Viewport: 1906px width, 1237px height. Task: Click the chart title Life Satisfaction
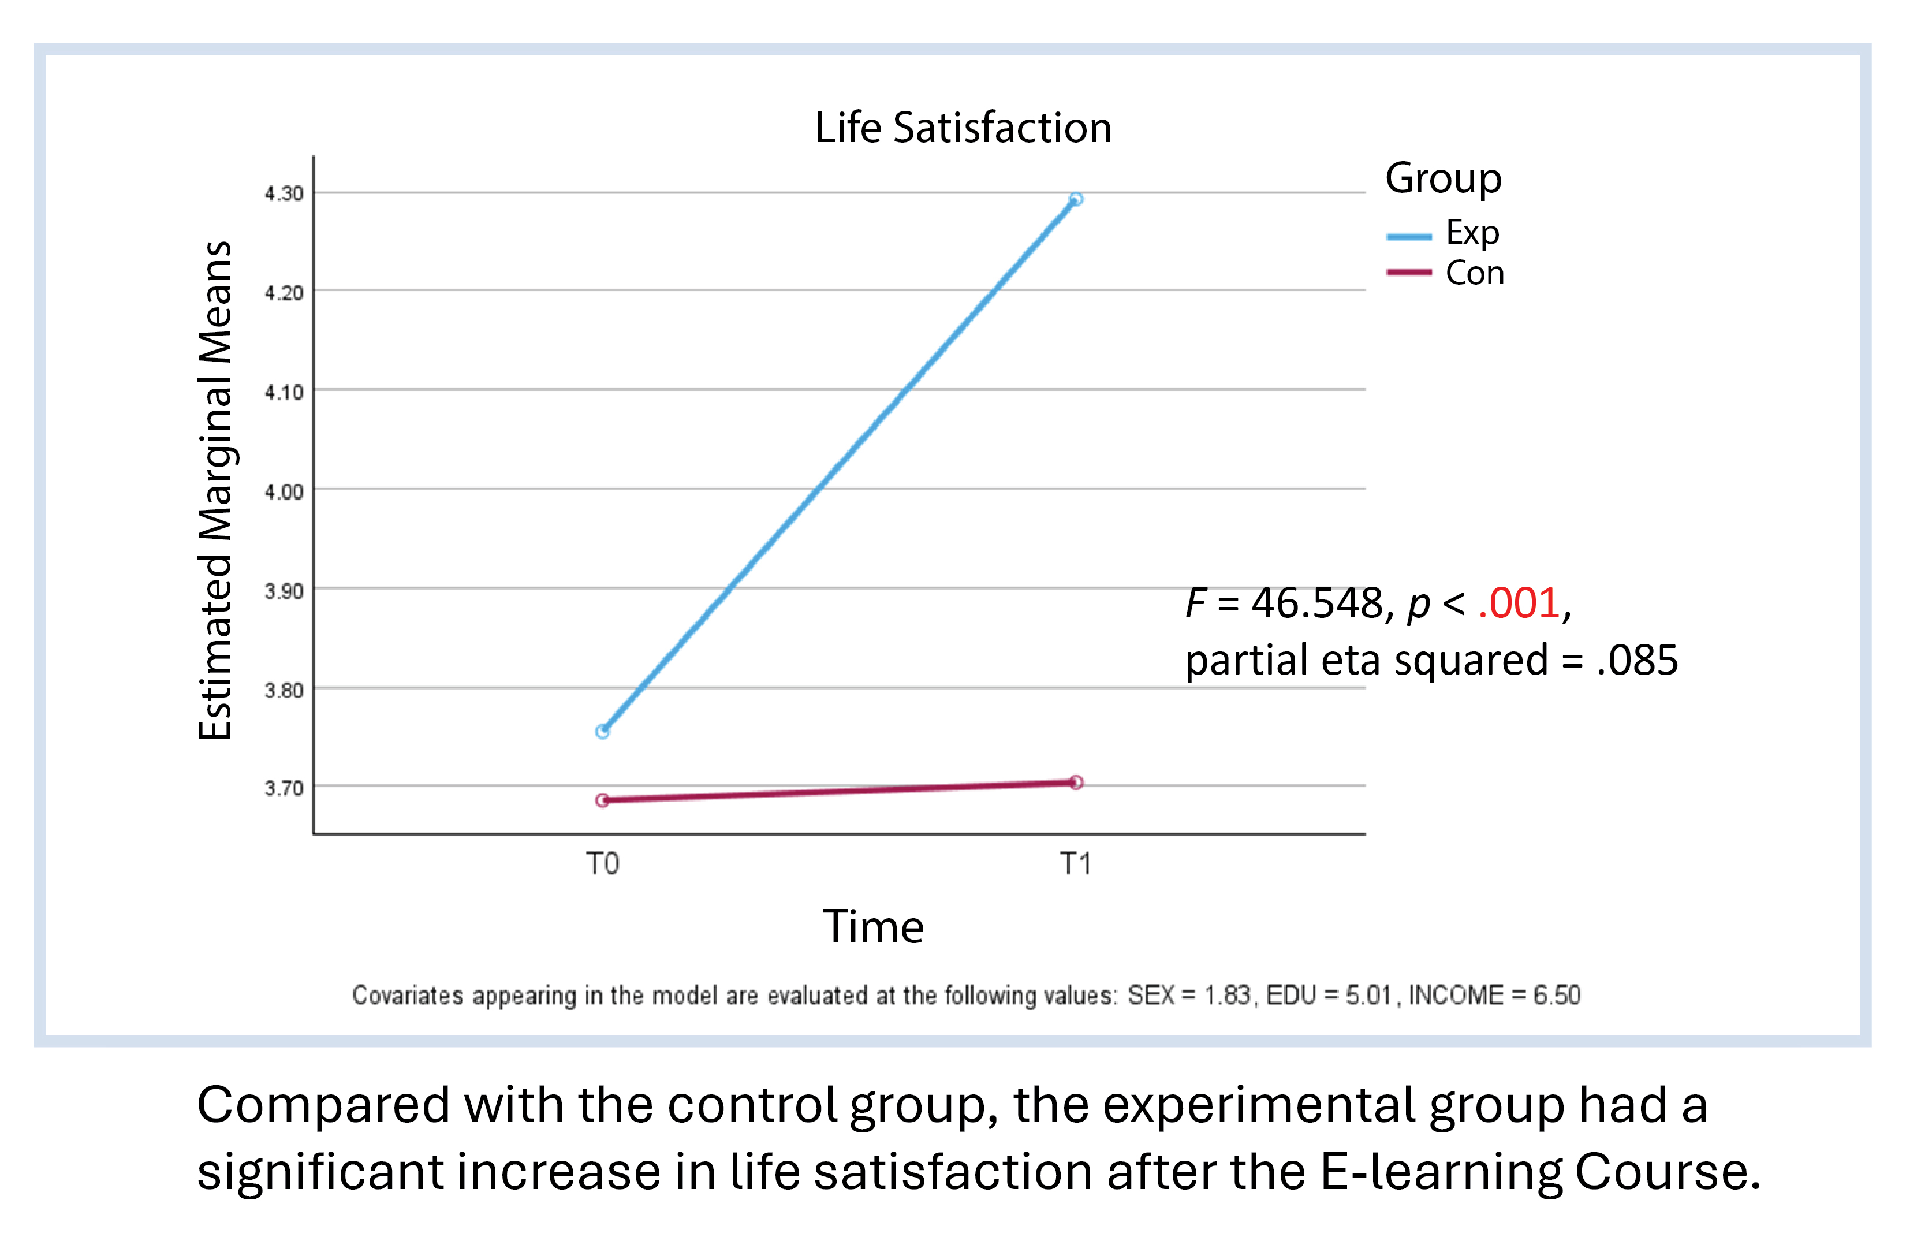pos(964,128)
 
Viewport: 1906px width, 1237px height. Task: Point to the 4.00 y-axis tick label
pos(284,491)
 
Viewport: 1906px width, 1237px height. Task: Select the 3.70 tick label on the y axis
pos(284,788)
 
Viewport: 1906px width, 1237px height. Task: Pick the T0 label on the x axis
pos(603,865)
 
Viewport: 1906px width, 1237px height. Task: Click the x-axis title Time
pos(874,927)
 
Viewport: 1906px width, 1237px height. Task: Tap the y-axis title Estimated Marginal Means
pos(215,490)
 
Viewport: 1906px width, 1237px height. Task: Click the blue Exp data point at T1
pos(1076,199)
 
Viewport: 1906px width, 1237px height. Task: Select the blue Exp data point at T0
pos(603,732)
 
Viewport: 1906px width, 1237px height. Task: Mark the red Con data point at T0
pos(603,800)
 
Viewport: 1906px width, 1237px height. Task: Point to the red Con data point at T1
pos(1076,783)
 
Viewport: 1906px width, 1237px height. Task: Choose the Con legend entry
pos(1445,273)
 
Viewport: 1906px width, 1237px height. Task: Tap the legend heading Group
pos(1443,178)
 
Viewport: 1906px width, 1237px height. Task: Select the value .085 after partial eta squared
pos(1637,660)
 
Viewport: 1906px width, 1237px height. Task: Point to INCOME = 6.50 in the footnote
pos(1494,995)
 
